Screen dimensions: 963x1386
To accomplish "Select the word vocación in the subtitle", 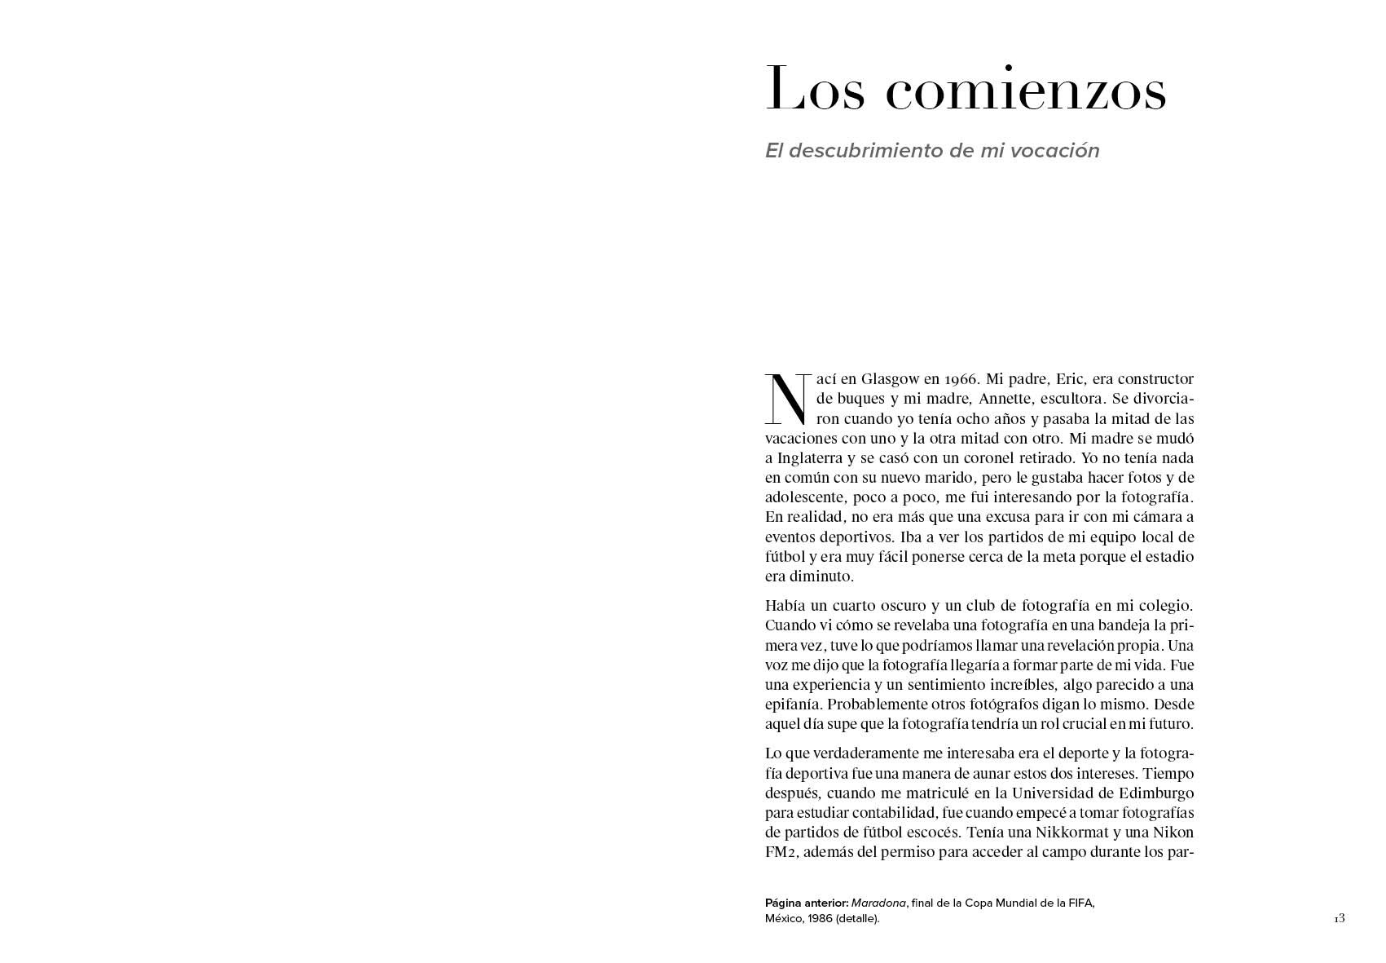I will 1059,151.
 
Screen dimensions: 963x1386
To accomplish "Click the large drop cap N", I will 786,399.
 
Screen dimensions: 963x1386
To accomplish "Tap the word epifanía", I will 791,705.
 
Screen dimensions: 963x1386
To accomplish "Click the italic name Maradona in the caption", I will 878,903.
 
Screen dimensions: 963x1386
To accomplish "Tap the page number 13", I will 1340,919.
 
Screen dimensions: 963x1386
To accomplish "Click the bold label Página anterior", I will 806,903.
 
